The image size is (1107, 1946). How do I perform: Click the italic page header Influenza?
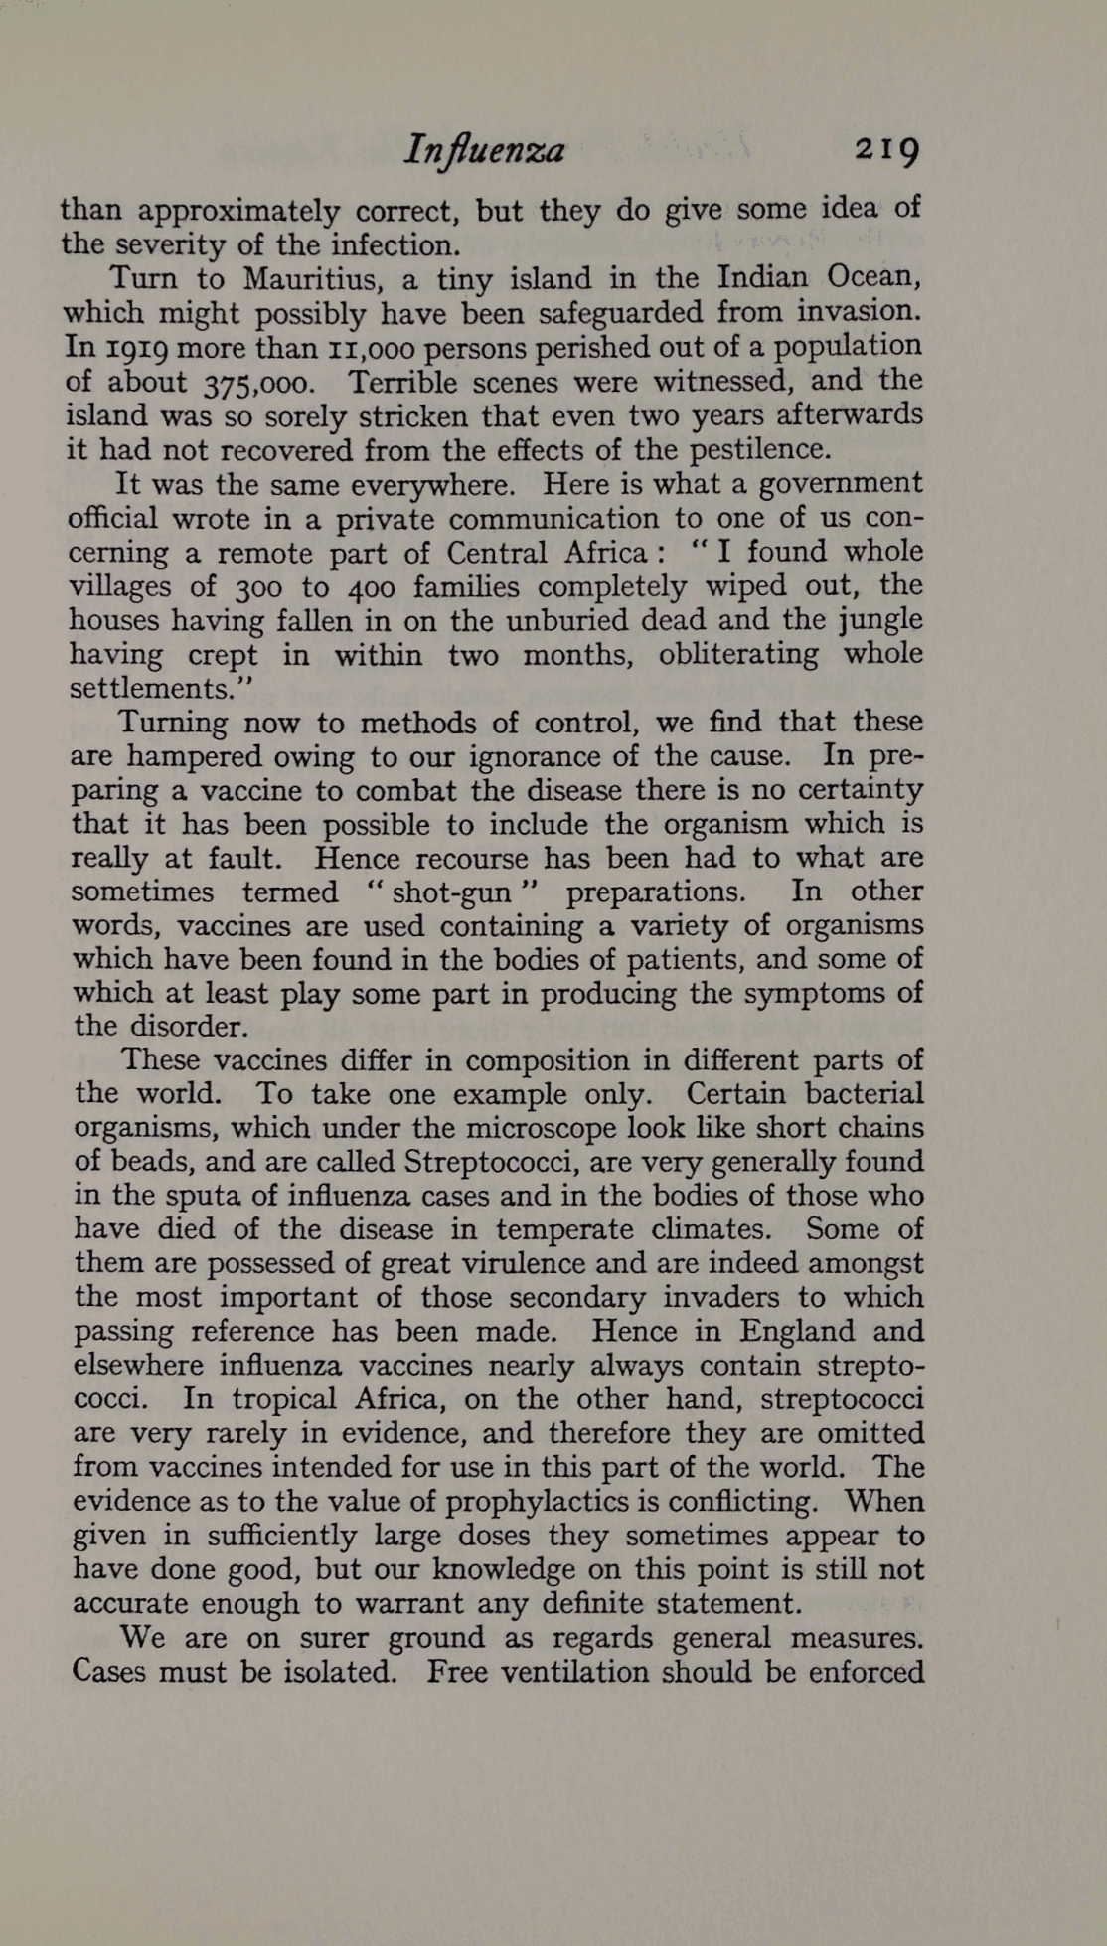pyautogui.click(x=484, y=150)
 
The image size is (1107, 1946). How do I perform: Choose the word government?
pyautogui.click(x=840, y=485)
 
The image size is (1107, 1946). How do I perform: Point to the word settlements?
pyautogui.click(x=162, y=689)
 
